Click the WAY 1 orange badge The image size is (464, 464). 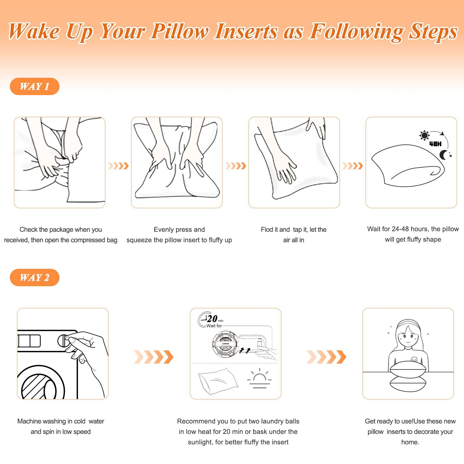point(35,86)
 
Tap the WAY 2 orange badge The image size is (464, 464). point(35,278)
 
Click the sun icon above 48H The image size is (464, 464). point(424,135)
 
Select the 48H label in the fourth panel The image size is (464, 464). point(435,144)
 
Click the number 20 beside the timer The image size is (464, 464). point(212,319)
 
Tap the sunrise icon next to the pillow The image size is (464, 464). point(259,378)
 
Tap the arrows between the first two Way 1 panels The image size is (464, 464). point(118,166)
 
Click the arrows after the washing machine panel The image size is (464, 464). point(154,357)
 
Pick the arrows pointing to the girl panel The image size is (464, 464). point(327,357)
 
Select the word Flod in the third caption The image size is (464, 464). point(267,229)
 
